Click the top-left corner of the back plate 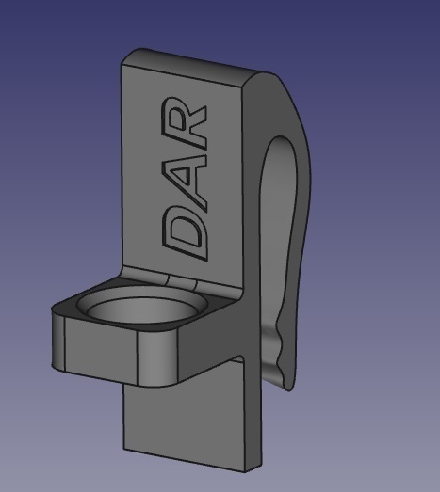click(125, 58)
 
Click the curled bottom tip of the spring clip click(283, 376)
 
